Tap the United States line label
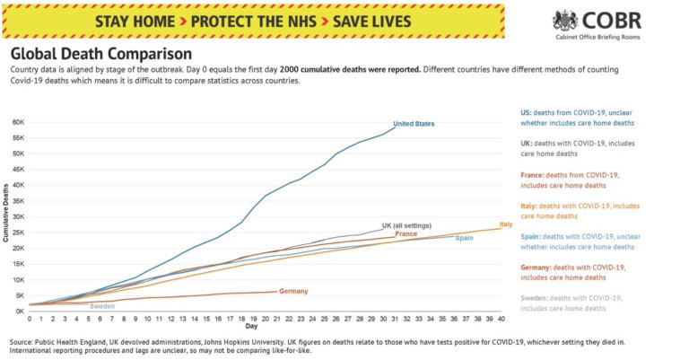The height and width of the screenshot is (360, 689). coord(414,124)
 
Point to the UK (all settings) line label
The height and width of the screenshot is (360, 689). coord(406,224)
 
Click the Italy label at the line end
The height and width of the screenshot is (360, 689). coord(506,224)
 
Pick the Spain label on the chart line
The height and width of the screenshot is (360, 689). coord(465,238)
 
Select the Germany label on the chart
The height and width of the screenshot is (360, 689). coord(293,291)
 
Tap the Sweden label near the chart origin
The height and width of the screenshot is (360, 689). coord(102,306)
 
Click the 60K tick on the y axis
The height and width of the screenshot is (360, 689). coord(17,121)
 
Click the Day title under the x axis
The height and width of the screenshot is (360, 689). coord(252,327)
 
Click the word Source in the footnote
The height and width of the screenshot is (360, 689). coord(22,342)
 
